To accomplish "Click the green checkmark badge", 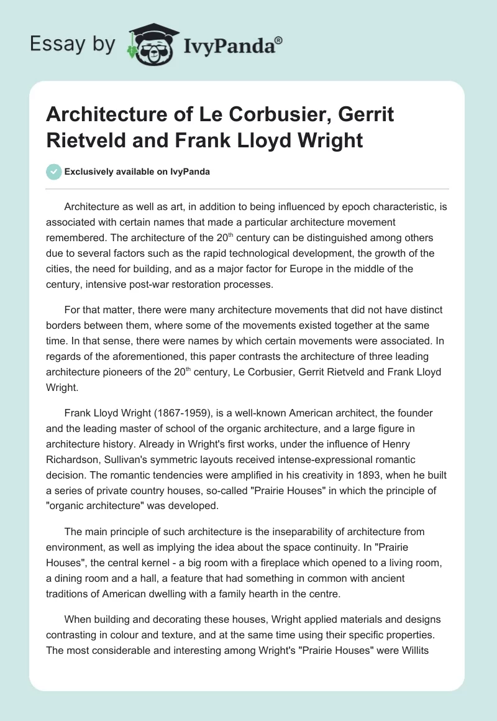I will point(54,172).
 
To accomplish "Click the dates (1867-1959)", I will point(185,413).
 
